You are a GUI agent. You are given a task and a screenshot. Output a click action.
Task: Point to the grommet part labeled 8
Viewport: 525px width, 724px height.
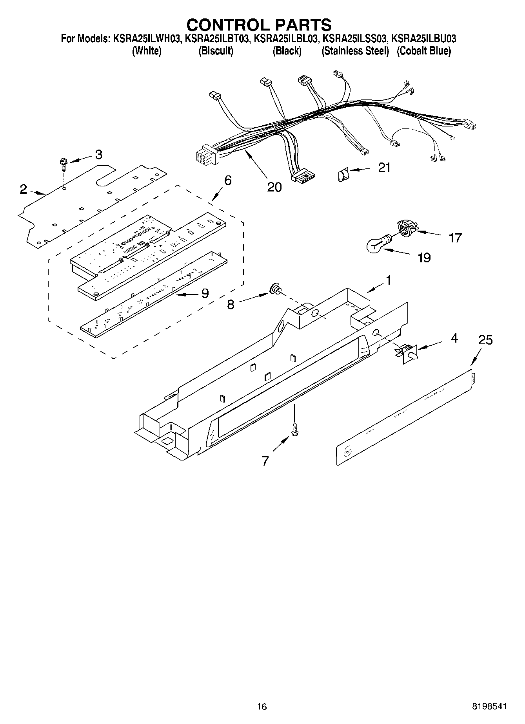274,290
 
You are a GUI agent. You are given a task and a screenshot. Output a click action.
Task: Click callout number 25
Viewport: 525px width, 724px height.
485,340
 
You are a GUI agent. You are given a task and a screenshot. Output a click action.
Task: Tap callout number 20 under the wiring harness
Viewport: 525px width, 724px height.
274,187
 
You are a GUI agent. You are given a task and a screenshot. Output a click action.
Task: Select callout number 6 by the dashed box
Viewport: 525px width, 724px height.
227,181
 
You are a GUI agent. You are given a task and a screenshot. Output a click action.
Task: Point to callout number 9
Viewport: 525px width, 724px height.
205,293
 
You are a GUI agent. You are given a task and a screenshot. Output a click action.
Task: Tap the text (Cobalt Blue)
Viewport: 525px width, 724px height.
423,51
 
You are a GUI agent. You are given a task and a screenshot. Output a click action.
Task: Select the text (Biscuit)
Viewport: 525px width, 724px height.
216,51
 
